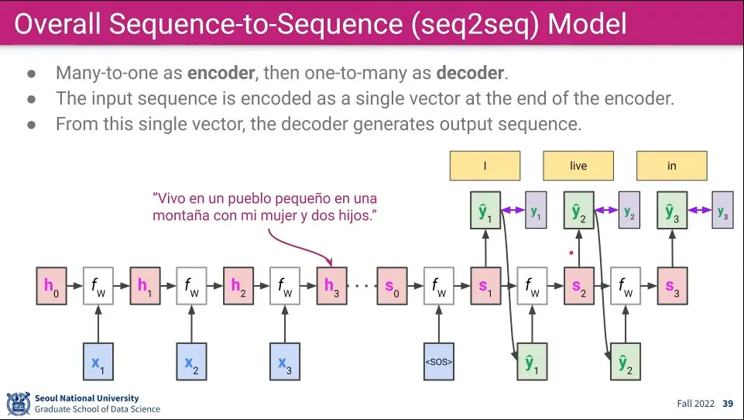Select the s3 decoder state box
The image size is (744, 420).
(x=672, y=286)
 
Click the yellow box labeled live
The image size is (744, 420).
(x=578, y=166)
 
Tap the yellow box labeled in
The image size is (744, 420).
(x=672, y=166)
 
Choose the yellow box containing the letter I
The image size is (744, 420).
(x=485, y=166)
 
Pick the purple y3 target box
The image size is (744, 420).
(x=722, y=210)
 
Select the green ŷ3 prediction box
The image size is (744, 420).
(x=672, y=211)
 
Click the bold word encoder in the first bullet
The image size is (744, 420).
(x=221, y=74)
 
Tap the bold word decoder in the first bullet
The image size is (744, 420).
(x=470, y=74)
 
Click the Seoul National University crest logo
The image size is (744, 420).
(x=18, y=403)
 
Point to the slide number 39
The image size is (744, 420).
(x=728, y=404)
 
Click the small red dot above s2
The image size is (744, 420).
(x=571, y=252)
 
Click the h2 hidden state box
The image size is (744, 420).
(x=238, y=286)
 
